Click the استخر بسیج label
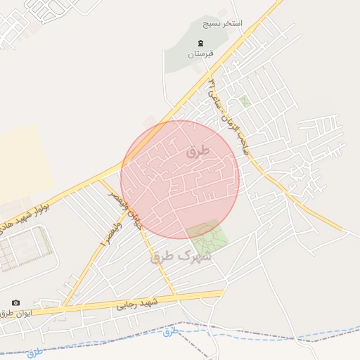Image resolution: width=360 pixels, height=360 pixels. click(222, 23)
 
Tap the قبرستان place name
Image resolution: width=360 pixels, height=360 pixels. click(200, 53)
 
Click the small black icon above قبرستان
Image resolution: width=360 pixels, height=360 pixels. click(200, 44)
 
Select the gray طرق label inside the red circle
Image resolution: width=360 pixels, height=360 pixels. click(198, 151)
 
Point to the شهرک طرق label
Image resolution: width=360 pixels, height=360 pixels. click(179, 257)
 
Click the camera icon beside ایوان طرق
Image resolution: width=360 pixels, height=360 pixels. click(16, 302)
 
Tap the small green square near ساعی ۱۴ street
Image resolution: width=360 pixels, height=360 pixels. click(245, 101)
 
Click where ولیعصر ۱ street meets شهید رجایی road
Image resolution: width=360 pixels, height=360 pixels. click(63, 307)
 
